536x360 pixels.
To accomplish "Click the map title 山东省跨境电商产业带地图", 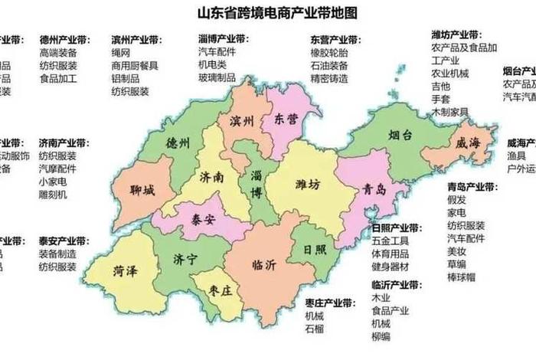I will click(x=268, y=13).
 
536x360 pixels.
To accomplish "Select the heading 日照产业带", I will click(x=396, y=227).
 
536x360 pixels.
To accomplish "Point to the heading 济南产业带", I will click(x=64, y=143).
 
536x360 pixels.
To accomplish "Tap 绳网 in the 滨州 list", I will click(x=121, y=54).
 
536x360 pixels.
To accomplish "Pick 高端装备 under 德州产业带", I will click(x=58, y=54).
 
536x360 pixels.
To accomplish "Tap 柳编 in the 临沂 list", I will click(x=380, y=336).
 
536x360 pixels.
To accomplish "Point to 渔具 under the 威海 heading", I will click(x=516, y=156).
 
